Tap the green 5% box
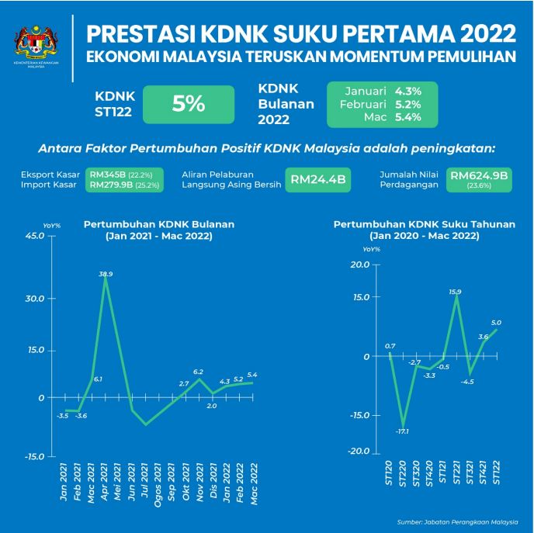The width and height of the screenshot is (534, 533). point(189,104)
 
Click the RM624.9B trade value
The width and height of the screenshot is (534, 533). point(479,176)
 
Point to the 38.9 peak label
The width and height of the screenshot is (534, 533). point(106,274)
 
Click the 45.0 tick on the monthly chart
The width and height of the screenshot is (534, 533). point(33,235)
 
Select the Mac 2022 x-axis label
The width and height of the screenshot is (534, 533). point(253,483)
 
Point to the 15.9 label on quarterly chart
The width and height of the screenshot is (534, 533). point(455,292)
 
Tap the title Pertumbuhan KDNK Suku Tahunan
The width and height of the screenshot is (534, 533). point(424,224)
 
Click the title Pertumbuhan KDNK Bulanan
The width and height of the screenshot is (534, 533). point(159,224)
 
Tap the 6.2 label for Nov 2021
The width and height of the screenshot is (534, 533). point(198,372)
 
